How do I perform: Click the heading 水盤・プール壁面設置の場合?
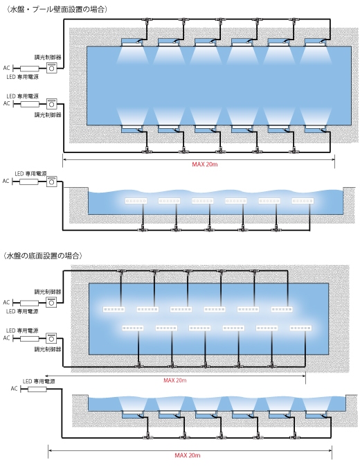(x=56, y=10)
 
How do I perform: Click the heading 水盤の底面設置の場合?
(x=42, y=256)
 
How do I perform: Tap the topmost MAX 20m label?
(x=205, y=164)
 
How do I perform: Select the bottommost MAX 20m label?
(x=188, y=455)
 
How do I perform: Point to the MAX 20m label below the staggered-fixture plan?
(x=175, y=380)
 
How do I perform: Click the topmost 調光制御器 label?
(x=48, y=58)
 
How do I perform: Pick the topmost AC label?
(x=6, y=68)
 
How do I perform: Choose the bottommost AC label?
(x=15, y=389)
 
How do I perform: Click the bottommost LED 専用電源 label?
(x=39, y=381)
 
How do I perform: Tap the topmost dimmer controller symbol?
(x=51, y=68)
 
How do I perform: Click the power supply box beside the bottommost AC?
(x=37, y=389)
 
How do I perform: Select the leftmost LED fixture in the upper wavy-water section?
(x=136, y=201)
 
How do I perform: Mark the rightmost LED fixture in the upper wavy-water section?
(x=303, y=201)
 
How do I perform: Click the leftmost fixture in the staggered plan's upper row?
(x=114, y=310)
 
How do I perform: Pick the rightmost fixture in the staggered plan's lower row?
(x=300, y=328)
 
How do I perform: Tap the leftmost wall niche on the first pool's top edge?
(x=132, y=42)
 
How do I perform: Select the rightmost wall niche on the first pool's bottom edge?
(x=316, y=129)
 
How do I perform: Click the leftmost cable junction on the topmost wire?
(x=147, y=19)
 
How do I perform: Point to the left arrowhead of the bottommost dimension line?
(x=50, y=450)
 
